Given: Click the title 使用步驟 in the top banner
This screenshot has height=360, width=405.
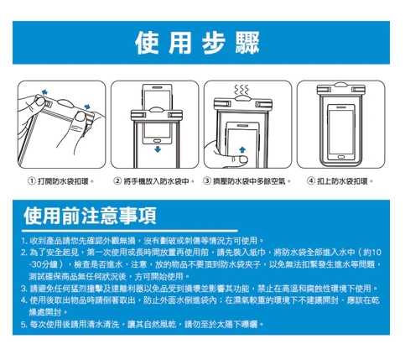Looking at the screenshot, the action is click(197, 43).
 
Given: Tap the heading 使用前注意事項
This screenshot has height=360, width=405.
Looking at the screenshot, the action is click(90, 216).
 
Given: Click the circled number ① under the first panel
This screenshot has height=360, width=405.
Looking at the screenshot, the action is click(32, 181).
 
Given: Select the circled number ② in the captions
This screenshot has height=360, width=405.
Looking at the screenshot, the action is click(117, 181).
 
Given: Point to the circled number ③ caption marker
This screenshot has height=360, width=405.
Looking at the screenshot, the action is click(207, 181).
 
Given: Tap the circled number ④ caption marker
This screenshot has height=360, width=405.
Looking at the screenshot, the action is click(311, 181).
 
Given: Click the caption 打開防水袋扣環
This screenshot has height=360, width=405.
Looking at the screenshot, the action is click(63, 181).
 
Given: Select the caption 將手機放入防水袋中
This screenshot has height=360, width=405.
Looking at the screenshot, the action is click(156, 181).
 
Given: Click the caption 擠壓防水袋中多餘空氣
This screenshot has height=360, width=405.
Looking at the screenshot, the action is click(249, 181).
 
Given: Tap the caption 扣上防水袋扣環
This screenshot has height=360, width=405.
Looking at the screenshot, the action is click(342, 181).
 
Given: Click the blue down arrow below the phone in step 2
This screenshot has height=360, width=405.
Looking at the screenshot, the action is click(158, 149).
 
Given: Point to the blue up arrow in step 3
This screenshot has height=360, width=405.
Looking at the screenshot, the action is click(242, 150).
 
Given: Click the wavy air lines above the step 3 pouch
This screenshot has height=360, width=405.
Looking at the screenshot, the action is click(241, 90).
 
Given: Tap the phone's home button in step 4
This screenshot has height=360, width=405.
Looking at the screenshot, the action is click(341, 157).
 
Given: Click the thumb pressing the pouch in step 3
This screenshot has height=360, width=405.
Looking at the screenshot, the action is click(241, 160).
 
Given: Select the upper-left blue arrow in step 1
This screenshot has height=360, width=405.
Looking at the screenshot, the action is click(44, 91).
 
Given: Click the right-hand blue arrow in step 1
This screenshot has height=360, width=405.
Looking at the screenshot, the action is click(87, 107).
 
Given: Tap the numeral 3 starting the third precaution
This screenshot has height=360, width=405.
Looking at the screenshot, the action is click(23, 289).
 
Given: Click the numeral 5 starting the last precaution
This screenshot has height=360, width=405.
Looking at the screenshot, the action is click(23, 325).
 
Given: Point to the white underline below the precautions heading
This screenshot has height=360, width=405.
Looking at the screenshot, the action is click(130, 231).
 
